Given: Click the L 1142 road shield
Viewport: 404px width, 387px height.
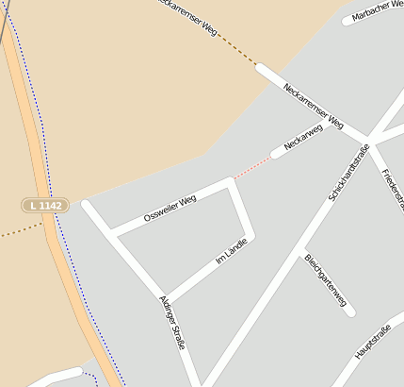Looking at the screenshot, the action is coord(45,205).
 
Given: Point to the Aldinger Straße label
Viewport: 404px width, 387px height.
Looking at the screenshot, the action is coord(171,322).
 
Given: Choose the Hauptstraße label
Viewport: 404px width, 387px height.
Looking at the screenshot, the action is coord(372,341).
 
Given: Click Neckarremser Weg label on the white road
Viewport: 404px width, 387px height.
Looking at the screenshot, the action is coord(314,106).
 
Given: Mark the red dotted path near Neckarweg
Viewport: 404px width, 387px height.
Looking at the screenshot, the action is coord(251,168).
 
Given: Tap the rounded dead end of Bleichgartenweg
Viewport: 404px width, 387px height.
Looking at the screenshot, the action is coord(350,312).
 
